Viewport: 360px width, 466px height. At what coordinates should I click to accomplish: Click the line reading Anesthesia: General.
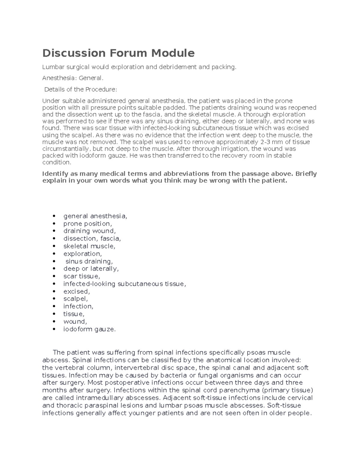click(x=73, y=78)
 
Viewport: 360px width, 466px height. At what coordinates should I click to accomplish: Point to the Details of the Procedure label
click(x=80, y=89)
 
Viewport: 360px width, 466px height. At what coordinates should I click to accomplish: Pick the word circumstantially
click(x=66, y=149)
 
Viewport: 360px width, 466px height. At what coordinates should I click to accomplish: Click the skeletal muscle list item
click(x=89, y=246)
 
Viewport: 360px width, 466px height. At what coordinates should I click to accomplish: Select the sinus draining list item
click(x=89, y=261)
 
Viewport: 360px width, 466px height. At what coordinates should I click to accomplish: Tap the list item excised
click(x=76, y=291)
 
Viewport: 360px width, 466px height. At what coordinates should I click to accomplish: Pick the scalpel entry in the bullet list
click(x=76, y=299)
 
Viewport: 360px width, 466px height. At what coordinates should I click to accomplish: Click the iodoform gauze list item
click(x=89, y=329)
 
